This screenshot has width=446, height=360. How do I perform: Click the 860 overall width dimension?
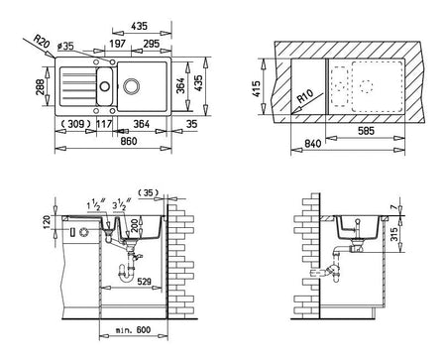[129, 141]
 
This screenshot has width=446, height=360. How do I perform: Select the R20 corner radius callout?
[42, 42]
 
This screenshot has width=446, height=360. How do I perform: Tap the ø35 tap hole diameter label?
[65, 46]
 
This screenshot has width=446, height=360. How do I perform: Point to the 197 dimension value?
[118, 44]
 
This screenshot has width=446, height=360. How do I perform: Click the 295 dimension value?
[152, 44]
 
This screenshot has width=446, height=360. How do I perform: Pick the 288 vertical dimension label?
[40, 86]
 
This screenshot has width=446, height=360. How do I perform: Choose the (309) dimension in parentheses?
[76, 124]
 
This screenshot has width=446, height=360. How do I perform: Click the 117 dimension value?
[104, 124]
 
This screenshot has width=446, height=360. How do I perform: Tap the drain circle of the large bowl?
[132, 86]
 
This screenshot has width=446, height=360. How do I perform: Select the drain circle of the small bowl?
[105, 86]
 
